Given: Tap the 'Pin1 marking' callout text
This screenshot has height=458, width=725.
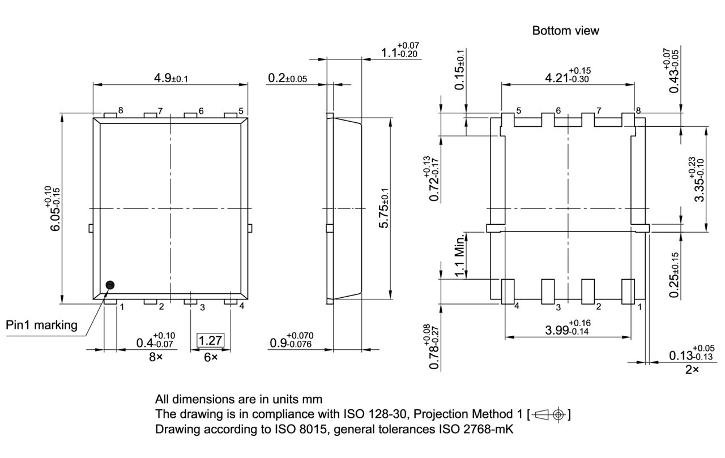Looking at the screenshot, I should pyautogui.click(x=41, y=325).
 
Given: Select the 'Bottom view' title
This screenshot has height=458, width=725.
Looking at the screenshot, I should pyautogui.click(x=565, y=31).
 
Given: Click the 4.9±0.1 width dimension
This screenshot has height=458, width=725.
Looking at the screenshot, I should pyautogui.click(x=170, y=78).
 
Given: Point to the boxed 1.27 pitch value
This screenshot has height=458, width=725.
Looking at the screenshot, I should pyautogui.click(x=211, y=341).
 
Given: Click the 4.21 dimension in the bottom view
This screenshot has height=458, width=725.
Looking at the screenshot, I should pyautogui.click(x=568, y=76).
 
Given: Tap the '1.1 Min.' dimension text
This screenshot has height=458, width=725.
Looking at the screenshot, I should pyautogui.click(x=460, y=255).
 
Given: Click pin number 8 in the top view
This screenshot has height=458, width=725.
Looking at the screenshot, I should pyautogui.click(x=121, y=111).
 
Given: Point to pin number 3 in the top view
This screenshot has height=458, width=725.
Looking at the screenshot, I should pyautogui.click(x=202, y=307).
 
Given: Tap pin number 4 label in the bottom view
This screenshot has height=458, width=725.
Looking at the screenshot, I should pyautogui.click(x=516, y=306).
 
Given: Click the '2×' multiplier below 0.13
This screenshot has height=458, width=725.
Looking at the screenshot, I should pyautogui.click(x=692, y=369).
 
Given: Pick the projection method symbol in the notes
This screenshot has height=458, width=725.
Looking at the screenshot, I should pyautogui.click(x=549, y=414).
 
